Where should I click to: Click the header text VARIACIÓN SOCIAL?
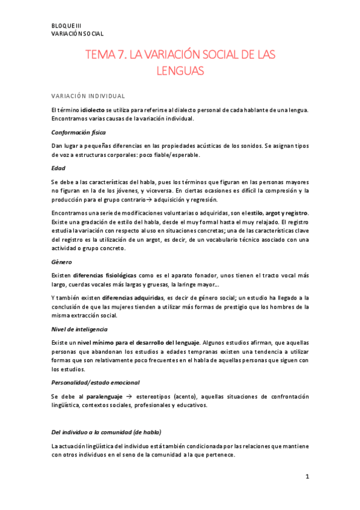click(x=78, y=34)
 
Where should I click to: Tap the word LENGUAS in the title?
click(x=180, y=72)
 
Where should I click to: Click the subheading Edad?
click(x=58, y=168)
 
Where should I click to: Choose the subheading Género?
click(x=63, y=262)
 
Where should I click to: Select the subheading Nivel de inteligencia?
click(x=79, y=329)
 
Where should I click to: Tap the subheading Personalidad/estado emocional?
click(x=96, y=382)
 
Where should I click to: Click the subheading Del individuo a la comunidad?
click(x=106, y=432)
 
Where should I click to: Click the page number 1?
click(x=307, y=477)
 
